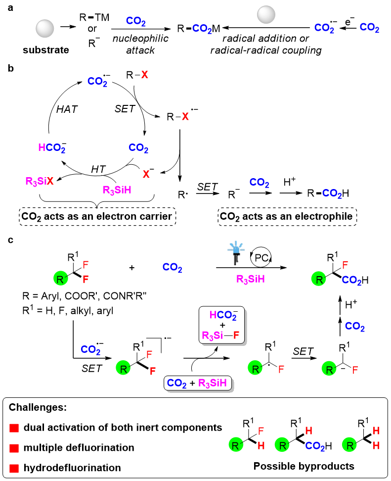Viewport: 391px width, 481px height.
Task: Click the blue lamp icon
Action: point(236,251)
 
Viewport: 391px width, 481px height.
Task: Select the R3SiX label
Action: point(40,181)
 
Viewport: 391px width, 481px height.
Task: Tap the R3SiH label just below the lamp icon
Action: point(251,279)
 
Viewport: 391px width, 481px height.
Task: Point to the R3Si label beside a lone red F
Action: point(213,336)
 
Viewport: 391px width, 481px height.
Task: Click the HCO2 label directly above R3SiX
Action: point(51,147)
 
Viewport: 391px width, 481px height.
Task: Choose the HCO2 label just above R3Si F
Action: point(223,315)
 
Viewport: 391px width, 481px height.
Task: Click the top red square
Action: point(14,428)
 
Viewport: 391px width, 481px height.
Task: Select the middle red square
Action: point(14,448)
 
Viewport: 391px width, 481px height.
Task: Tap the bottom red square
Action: point(14,468)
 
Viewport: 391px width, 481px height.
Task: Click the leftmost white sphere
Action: point(45,29)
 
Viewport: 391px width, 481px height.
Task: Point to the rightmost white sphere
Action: point(266,15)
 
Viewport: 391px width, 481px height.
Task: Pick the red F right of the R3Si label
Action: point(236,336)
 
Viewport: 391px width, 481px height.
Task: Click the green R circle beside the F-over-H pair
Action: point(236,444)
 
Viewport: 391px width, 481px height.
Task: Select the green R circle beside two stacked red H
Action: point(349,444)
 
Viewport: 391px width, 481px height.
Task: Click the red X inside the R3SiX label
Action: point(50,181)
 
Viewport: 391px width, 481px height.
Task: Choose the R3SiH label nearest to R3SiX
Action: point(117,190)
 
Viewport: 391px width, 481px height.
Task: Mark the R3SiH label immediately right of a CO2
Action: point(213,383)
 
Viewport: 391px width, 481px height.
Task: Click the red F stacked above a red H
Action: point(261,431)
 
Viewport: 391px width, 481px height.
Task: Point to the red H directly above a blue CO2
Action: point(309,431)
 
